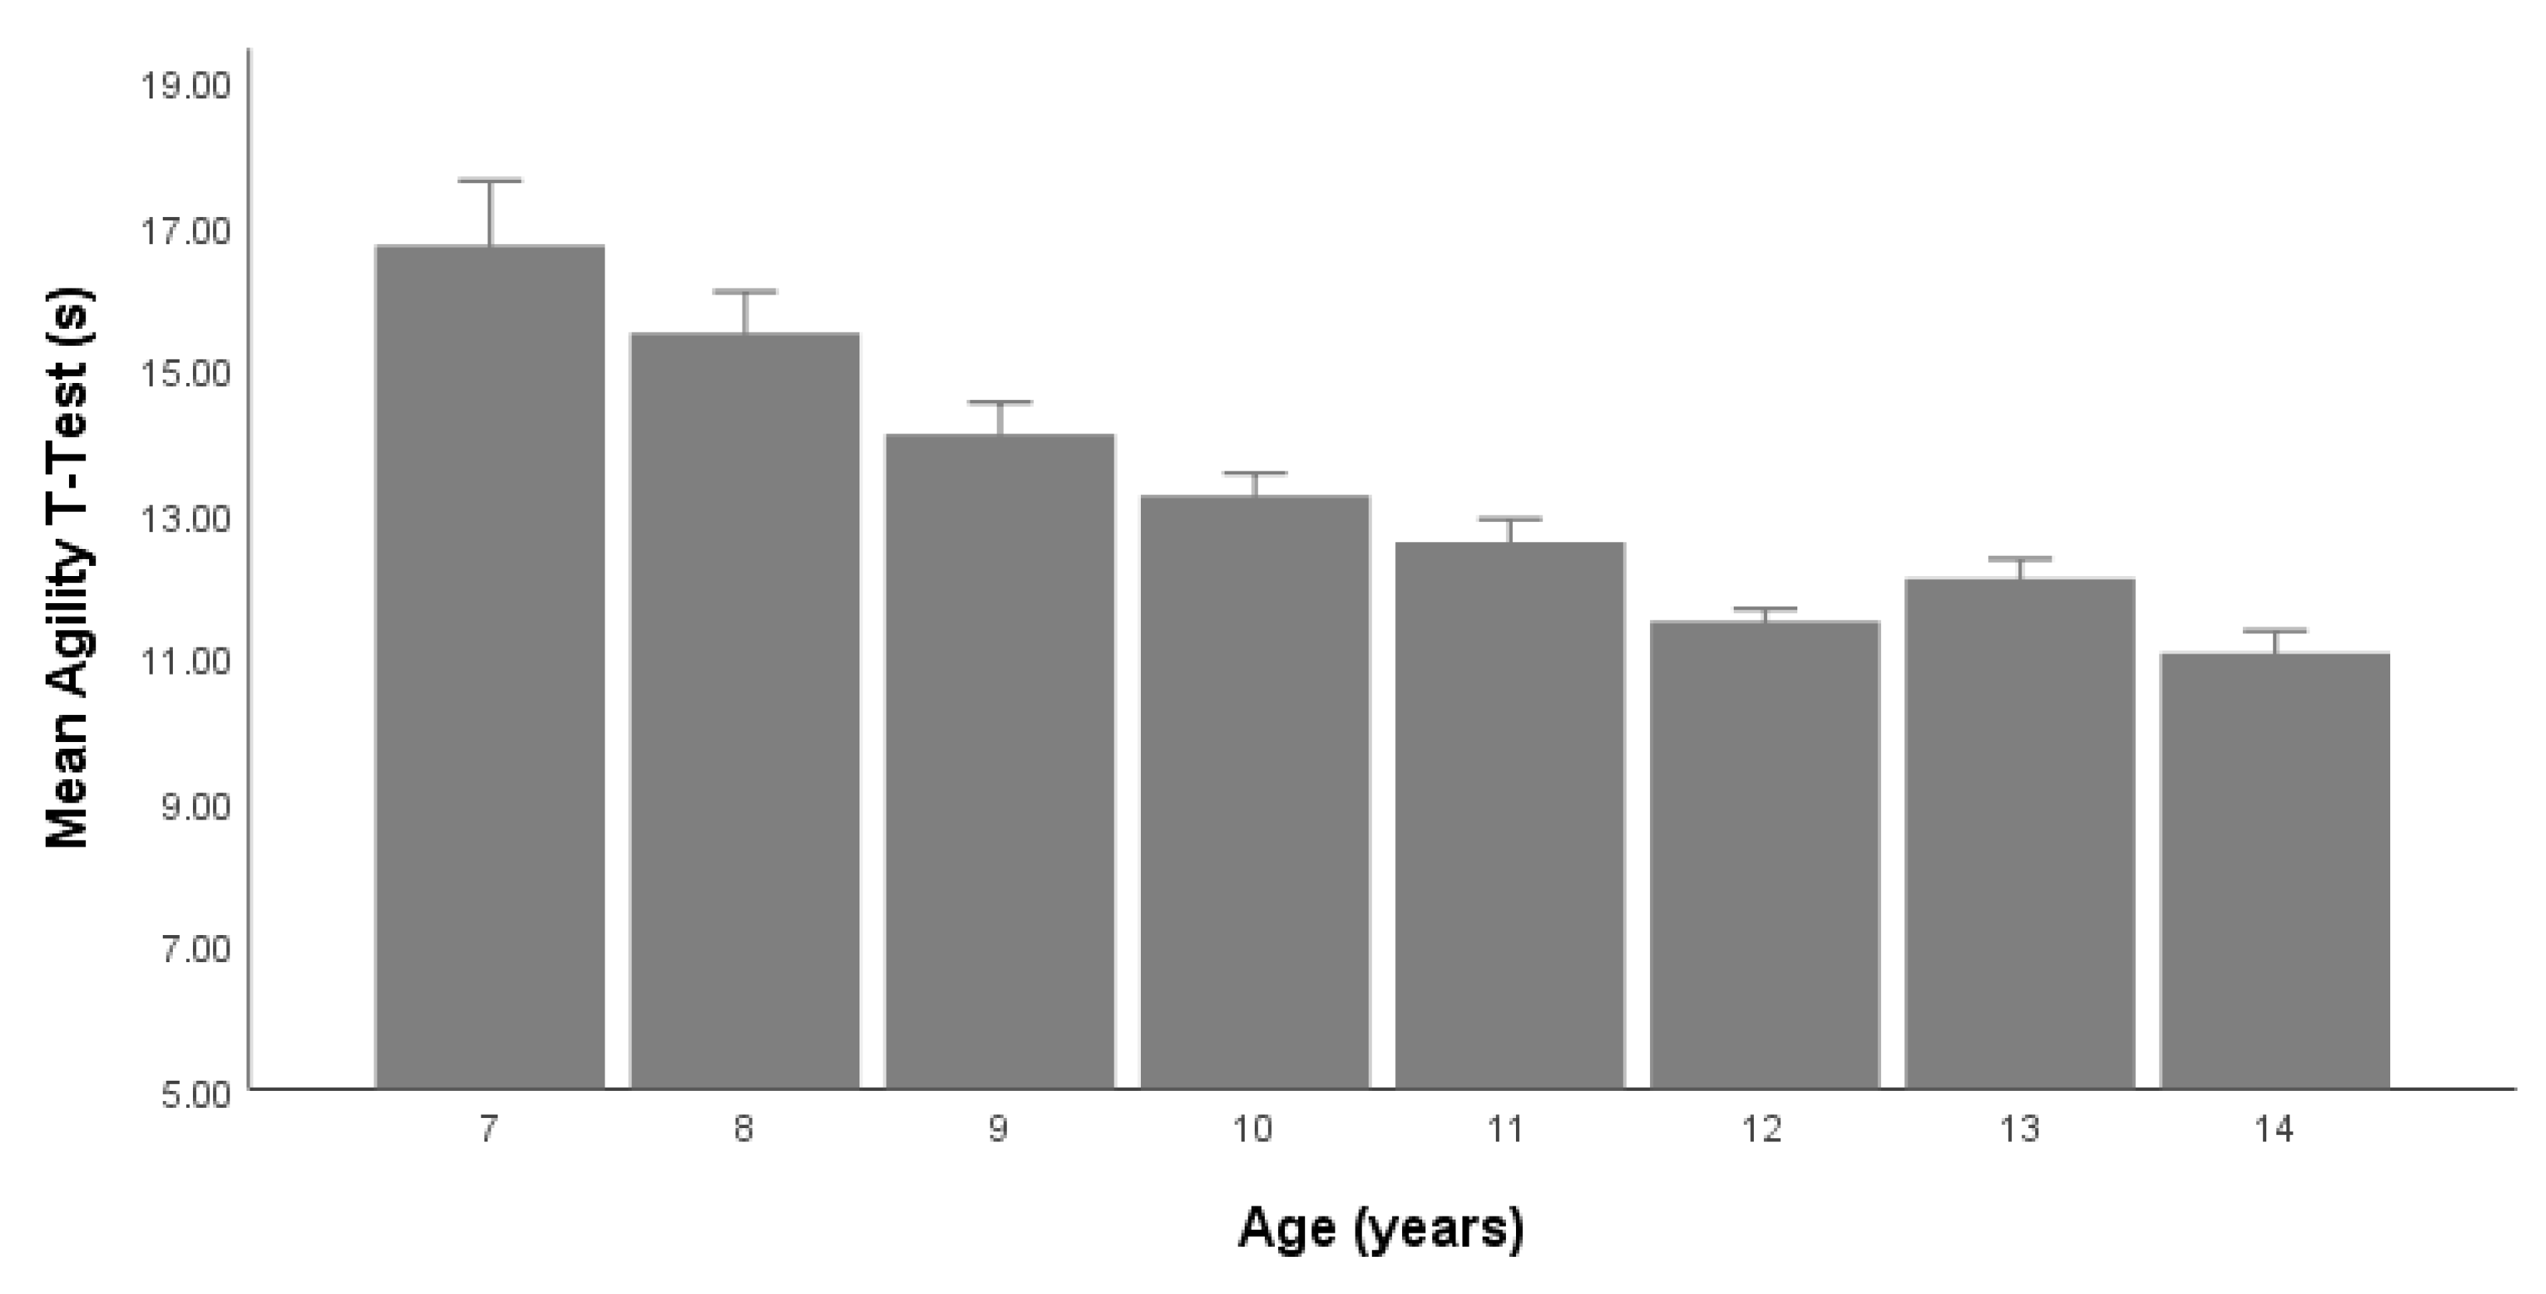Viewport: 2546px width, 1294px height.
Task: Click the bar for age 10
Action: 1254,791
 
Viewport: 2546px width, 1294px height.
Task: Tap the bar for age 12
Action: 1764,855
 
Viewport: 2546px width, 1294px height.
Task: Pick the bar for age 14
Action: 2274,870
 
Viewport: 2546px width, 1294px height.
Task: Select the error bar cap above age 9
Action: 999,402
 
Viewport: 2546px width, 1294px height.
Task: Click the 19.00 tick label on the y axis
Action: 184,87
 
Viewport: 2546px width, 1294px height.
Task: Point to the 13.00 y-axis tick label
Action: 184,519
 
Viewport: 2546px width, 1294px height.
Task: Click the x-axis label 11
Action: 1507,1129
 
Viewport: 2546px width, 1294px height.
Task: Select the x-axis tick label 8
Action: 743,1129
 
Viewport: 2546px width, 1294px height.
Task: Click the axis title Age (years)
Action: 1381,1229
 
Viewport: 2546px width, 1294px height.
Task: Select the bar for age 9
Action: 999,761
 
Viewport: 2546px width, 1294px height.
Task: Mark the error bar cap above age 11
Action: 1509,518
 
